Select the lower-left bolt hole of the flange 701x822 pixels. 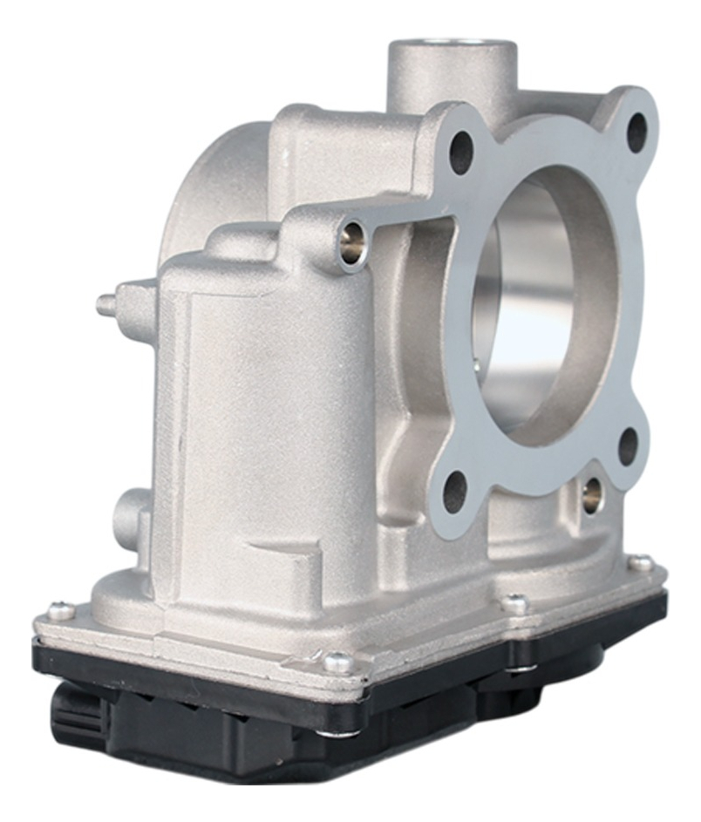[x=455, y=492]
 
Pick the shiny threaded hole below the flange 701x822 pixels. [x=592, y=495]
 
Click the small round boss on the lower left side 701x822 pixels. [x=128, y=514]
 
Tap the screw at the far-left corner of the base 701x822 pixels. [x=60, y=611]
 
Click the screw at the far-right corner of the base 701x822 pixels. [x=640, y=563]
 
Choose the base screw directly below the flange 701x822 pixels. [x=515, y=602]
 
